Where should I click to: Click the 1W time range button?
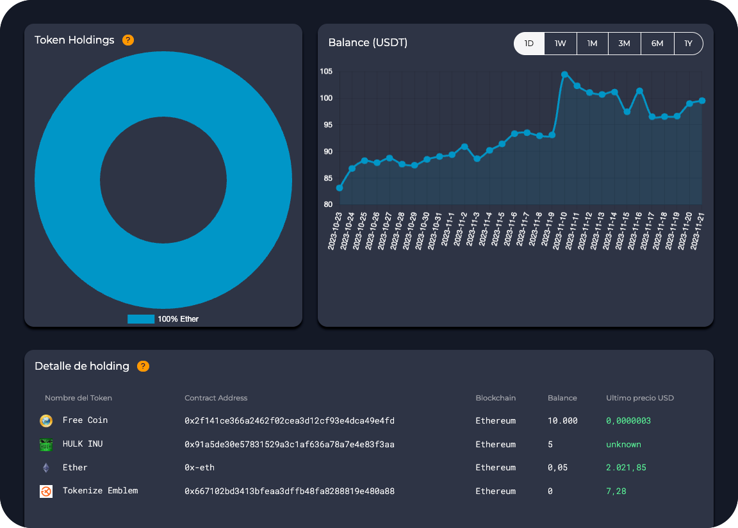click(x=561, y=44)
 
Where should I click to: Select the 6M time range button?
click(x=657, y=44)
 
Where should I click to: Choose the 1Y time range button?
click(x=689, y=44)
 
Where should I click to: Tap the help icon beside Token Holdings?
click(x=128, y=40)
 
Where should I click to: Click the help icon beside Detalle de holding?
click(x=143, y=367)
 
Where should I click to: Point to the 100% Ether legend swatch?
click(x=141, y=318)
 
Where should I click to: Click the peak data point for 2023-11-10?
click(x=564, y=74)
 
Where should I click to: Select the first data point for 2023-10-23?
click(x=340, y=188)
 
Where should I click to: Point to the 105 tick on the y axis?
click(x=326, y=71)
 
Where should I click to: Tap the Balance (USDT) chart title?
click(x=368, y=43)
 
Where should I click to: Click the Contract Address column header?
click(x=216, y=398)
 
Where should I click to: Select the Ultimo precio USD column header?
click(x=640, y=398)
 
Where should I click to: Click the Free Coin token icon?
click(x=45, y=420)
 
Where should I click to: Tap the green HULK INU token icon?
click(x=45, y=444)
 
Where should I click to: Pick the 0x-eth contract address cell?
click(x=199, y=468)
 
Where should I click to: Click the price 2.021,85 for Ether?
click(x=626, y=468)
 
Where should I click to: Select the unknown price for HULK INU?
click(x=623, y=444)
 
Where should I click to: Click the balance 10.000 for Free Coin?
click(x=562, y=421)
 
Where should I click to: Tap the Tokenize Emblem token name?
click(x=100, y=491)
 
